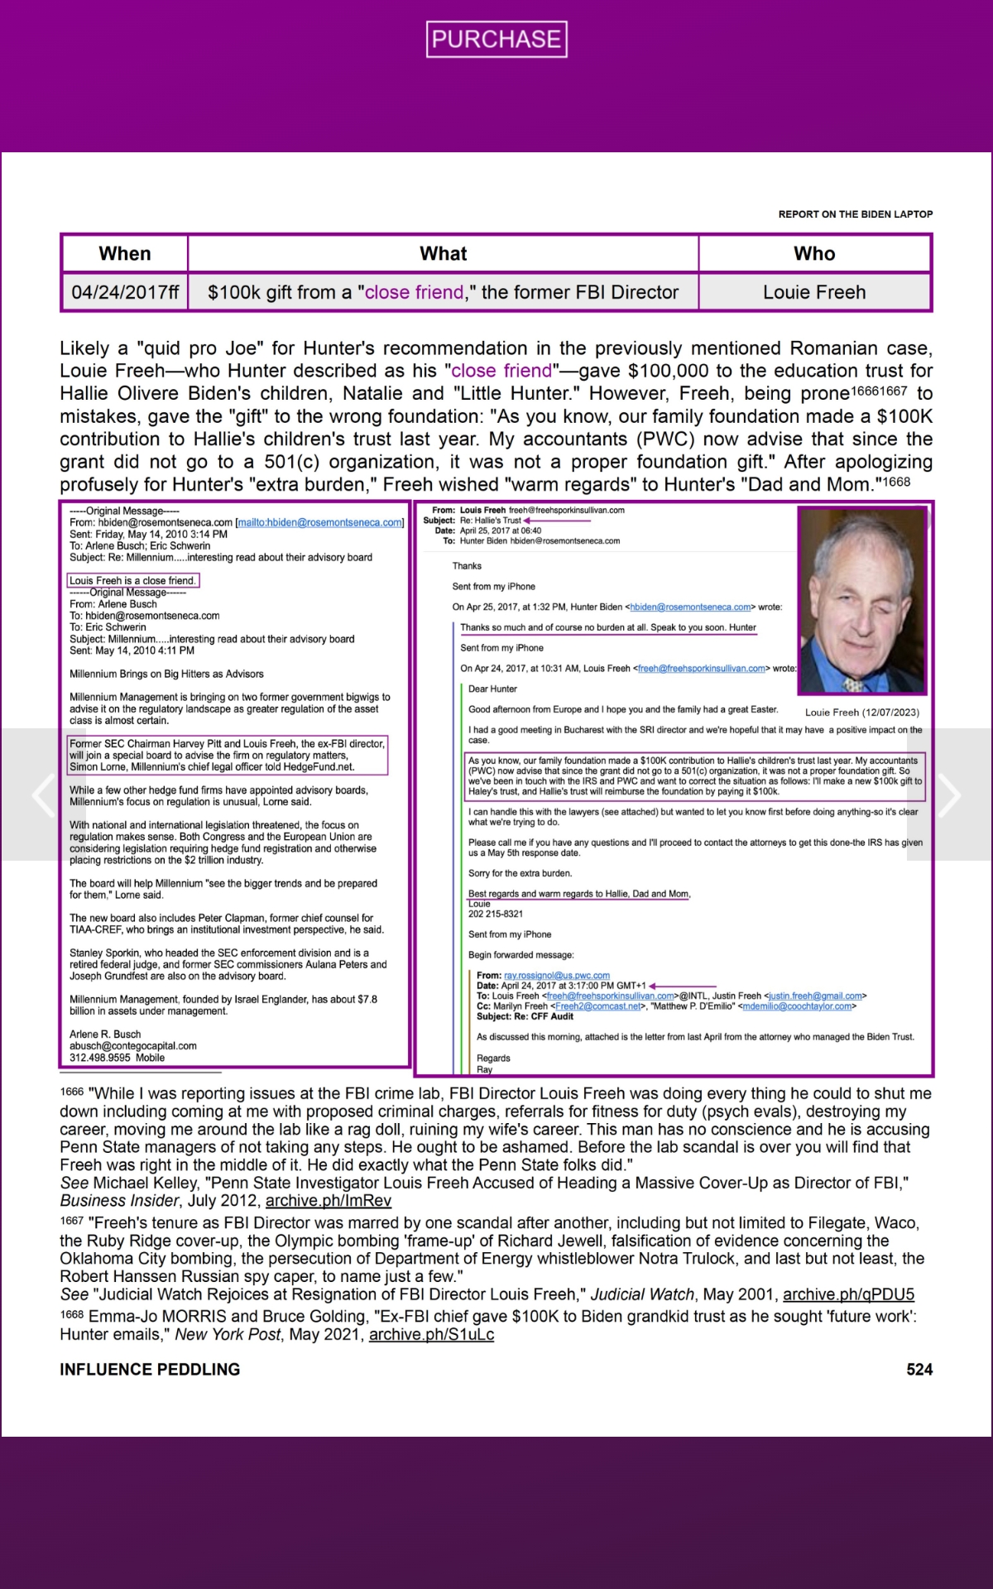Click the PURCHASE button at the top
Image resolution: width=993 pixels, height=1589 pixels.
496,40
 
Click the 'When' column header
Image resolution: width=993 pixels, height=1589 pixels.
125,254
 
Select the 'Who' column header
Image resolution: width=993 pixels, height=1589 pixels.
814,254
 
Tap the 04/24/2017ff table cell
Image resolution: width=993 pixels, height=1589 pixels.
125,292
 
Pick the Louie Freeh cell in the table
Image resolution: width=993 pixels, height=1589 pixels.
814,292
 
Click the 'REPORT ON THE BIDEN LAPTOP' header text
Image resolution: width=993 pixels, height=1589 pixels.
855,214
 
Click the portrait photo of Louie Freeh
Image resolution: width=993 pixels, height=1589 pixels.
861,600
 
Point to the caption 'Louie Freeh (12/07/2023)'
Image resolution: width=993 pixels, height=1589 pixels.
861,712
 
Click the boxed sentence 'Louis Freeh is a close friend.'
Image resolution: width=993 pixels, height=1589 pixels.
132,580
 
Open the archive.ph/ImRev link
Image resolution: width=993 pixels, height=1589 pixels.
328,1200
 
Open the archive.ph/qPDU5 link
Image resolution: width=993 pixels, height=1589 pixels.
848,1294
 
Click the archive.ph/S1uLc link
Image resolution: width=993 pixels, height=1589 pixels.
431,1334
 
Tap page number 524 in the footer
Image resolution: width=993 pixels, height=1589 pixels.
919,1370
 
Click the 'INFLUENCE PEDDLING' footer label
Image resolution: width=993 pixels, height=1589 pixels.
150,1370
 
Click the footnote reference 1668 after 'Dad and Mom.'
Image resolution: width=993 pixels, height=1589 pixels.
897,482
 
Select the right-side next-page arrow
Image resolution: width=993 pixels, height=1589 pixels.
949,795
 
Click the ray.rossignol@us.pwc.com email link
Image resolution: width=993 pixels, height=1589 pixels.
556,976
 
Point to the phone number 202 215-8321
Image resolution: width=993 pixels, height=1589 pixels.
496,914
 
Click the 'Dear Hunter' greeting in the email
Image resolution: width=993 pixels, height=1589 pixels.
492,689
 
